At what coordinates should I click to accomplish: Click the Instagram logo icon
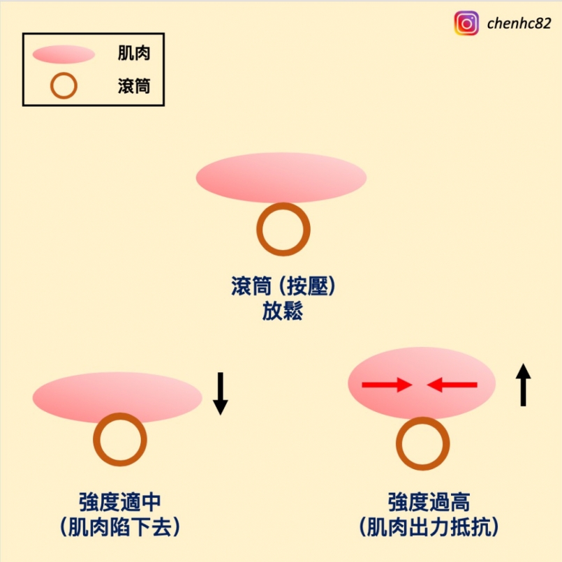466,23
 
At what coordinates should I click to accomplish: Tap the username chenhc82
519,24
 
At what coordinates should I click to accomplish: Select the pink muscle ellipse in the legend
64,54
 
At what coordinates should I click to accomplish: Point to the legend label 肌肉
133,53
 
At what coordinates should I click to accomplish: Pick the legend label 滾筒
133,86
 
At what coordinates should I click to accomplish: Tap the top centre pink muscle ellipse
281,177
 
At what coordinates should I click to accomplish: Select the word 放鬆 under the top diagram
283,311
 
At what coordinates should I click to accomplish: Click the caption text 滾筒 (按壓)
283,286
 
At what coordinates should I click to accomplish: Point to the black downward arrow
221,394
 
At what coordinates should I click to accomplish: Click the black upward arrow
524,385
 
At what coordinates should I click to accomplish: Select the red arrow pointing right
387,385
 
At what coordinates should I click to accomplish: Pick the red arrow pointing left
452,385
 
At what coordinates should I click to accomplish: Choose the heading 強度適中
119,502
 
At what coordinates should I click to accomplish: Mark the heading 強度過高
429,502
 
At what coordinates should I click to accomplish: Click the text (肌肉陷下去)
119,527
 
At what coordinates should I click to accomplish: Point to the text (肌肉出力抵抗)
429,527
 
